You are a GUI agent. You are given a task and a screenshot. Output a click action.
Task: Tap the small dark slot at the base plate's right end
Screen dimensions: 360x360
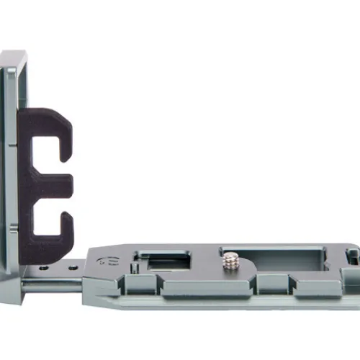(352, 255)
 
